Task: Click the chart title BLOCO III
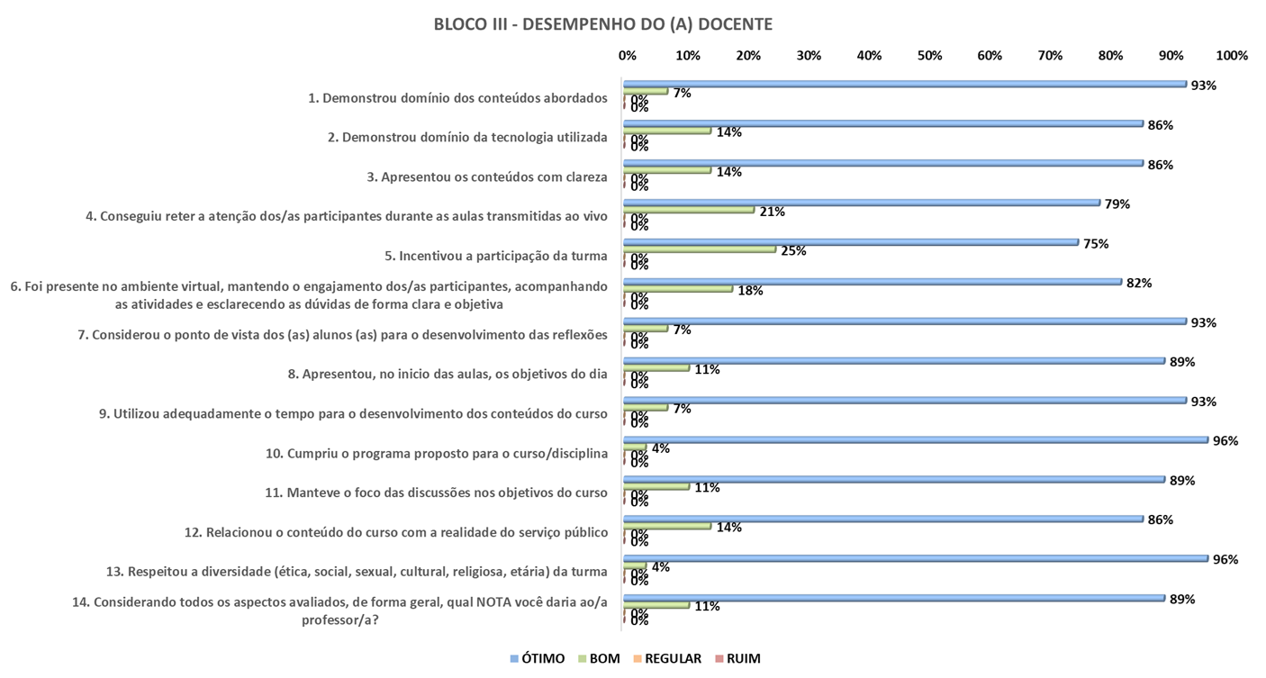tap(602, 24)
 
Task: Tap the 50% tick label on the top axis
tap(929, 56)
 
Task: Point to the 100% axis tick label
tap(1232, 56)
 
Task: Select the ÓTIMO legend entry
tap(538, 658)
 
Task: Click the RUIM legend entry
tap(737, 658)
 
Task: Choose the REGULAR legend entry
tap(665, 658)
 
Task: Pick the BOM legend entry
tap(597, 658)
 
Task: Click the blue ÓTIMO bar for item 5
tap(851, 242)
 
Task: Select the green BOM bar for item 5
tap(701, 249)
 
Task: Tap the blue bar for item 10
tap(916, 439)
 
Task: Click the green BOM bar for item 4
tap(689, 210)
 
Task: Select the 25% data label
tap(793, 251)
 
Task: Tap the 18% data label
tap(750, 291)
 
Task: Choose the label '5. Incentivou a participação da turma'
tap(496, 256)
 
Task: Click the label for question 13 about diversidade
tap(357, 571)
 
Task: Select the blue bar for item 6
tap(873, 282)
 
